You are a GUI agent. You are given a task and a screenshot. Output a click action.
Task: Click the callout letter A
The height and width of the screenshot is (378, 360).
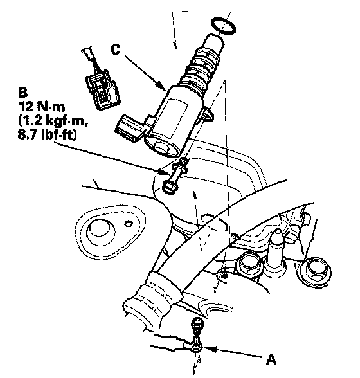(271, 359)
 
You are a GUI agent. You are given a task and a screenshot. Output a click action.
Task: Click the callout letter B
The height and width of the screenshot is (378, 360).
(22, 92)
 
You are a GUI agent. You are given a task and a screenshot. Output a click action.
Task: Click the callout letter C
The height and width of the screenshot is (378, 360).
(115, 49)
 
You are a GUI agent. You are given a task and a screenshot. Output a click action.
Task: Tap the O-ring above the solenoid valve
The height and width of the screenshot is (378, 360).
(223, 25)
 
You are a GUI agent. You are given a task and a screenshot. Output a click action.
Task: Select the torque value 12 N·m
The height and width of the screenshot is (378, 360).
(42, 106)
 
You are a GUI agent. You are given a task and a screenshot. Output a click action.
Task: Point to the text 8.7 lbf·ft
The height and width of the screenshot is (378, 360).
(47, 134)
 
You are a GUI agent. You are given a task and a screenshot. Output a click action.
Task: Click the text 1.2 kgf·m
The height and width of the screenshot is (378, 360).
(53, 120)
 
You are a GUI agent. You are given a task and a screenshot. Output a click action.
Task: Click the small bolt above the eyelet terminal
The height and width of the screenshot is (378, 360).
(197, 326)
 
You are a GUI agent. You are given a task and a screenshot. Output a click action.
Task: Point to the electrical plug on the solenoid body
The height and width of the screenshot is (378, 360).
(130, 129)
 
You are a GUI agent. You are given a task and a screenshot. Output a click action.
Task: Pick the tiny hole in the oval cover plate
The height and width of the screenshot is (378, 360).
(129, 224)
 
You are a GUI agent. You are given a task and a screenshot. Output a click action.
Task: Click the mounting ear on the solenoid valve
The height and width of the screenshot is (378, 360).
(207, 114)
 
